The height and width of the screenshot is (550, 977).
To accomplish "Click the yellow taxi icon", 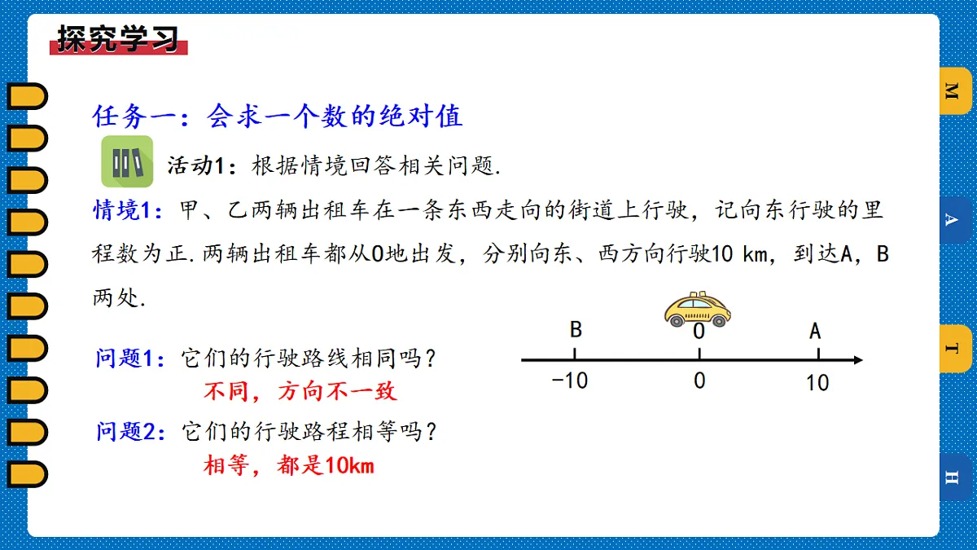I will tap(697, 310).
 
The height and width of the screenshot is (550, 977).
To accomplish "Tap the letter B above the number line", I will tap(576, 330).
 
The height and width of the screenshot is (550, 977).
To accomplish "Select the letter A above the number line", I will tap(815, 331).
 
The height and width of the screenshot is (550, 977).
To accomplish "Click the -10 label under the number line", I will tap(569, 381).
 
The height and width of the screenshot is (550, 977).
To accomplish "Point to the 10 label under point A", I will tap(817, 382).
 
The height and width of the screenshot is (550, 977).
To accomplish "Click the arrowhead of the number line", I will tap(857, 359).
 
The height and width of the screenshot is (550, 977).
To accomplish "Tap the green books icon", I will tap(126, 162).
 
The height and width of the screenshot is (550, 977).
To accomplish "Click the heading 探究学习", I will tap(119, 38).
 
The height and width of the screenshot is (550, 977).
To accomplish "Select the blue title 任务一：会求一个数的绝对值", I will tap(278, 117).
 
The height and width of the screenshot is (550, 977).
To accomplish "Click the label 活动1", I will tap(195, 166).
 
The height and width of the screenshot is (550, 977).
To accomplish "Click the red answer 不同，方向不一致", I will tap(300, 392).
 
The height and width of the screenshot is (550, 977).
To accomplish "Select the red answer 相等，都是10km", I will tap(289, 466).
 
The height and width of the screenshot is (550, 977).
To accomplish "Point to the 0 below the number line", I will tap(699, 381).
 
